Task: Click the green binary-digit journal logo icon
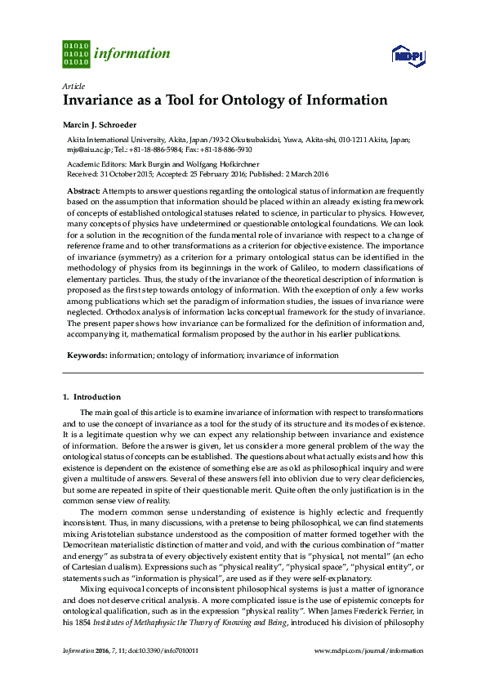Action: point(75,53)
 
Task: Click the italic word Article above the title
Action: point(73,86)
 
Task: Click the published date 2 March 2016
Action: point(299,174)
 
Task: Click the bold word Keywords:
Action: point(87,355)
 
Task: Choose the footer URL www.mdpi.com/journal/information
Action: point(368,651)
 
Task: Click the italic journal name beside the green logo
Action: point(132,54)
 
